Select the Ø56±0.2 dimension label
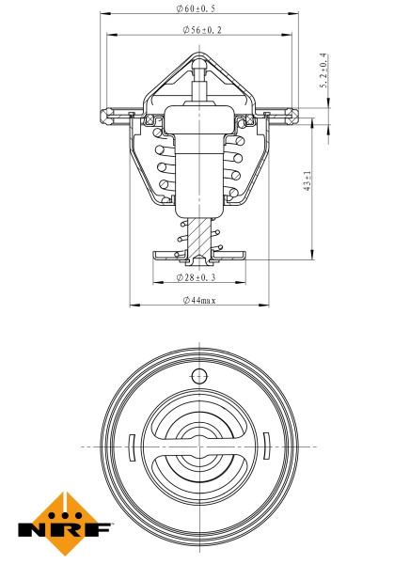point(198,31)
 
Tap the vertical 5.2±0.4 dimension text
point(323,71)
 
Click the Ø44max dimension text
point(198,300)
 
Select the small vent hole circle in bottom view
point(198,377)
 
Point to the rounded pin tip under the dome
point(198,67)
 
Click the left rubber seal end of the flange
point(101,116)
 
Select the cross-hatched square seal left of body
point(148,119)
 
